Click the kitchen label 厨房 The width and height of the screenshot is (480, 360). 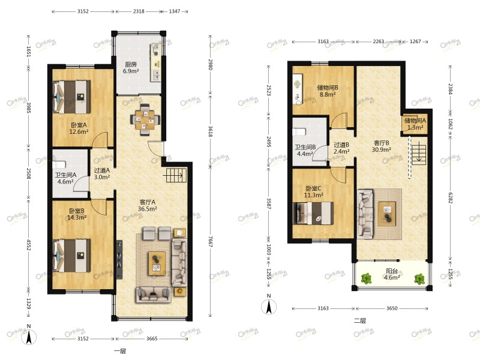tap(131, 64)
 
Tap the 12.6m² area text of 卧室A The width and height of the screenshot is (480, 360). tap(79, 132)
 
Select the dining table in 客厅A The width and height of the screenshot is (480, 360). tap(145, 119)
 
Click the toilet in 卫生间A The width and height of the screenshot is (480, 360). tap(59, 164)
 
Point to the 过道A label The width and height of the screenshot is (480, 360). tap(101, 170)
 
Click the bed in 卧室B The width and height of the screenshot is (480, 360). tap(72, 256)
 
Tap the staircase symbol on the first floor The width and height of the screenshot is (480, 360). tap(175, 175)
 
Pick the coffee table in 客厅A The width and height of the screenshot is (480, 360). tap(157, 263)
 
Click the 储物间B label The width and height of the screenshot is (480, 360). tap(328, 88)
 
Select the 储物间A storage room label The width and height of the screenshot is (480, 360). tap(415, 121)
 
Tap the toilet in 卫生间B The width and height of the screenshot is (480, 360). tap(299, 132)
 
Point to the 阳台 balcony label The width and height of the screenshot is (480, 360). tap(392, 271)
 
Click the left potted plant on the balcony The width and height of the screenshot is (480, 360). tap(366, 278)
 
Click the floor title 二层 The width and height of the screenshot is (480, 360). tap(360, 320)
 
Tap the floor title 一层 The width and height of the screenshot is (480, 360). tap(120, 351)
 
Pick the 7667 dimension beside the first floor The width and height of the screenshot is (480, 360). tap(211, 242)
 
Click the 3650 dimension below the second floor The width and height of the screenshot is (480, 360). tap(392, 308)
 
